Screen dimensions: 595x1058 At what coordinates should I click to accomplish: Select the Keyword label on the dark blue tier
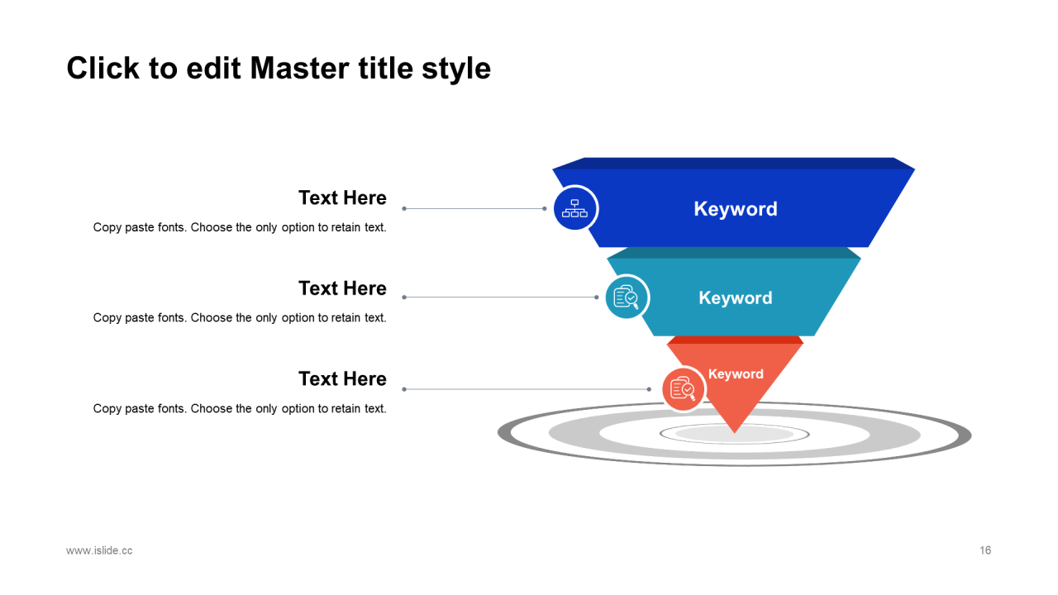(736, 209)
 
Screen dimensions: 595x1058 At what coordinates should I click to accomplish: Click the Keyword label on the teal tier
(736, 298)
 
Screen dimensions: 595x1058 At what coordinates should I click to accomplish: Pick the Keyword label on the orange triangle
(736, 374)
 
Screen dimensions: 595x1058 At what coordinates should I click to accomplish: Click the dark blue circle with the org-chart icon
(574, 208)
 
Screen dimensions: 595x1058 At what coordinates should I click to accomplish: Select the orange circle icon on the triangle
(683, 388)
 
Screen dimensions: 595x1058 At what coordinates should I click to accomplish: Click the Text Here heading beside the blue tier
(342, 198)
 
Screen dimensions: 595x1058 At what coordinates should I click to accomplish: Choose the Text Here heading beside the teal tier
(342, 288)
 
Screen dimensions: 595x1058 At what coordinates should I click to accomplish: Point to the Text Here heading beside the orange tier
(342, 379)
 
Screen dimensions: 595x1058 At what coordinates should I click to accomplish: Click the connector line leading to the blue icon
(473, 209)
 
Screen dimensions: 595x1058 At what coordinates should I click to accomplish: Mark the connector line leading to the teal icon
(500, 297)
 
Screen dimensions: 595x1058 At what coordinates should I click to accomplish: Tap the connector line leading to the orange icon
(527, 389)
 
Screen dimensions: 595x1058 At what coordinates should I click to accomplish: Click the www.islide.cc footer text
(99, 550)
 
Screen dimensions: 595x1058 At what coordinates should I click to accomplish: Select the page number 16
(985, 550)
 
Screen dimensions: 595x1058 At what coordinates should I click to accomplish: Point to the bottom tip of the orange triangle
(734, 431)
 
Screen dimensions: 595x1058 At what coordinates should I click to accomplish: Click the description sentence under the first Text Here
(240, 227)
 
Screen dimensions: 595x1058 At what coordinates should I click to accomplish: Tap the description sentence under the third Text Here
(240, 408)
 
